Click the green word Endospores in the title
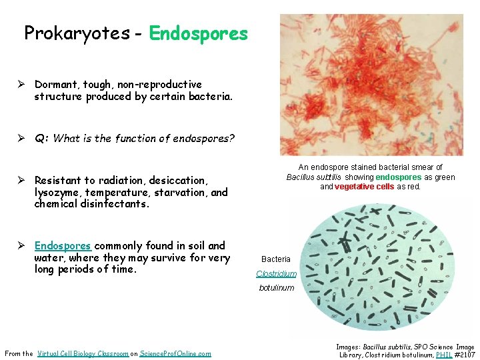click(x=199, y=33)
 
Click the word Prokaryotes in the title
click(x=77, y=33)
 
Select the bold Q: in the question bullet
click(x=41, y=139)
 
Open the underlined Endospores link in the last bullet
click(x=63, y=245)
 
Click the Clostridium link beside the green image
click(x=276, y=274)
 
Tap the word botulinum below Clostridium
click(x=277, y=288)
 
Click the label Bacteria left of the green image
click(x=276, y=259)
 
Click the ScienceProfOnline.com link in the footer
click(x=175, y=353)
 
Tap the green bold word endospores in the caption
click(x=399, y=177)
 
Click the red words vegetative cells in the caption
click(x=365, y=187)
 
